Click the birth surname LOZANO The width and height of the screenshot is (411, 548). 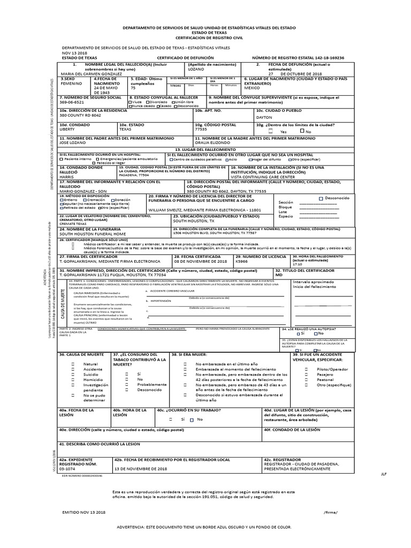[196, 69]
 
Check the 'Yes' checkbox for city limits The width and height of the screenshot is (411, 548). [271, 131]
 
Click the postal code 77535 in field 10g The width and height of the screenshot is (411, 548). [201, 129]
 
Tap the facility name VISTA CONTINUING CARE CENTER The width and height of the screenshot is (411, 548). [262, 177]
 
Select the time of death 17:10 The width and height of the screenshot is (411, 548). [298, 264]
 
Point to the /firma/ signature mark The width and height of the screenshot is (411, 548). [331, 512]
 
